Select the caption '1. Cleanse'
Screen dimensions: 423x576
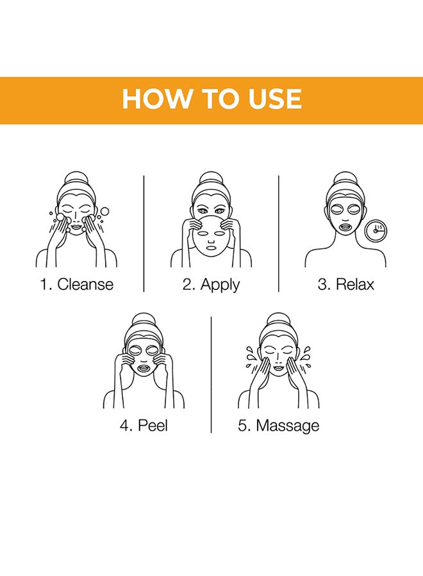pos(76,284)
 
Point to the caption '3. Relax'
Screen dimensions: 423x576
pos(345,284)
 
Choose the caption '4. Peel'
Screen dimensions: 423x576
pos(144,426)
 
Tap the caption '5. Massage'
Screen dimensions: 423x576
pos(278,426)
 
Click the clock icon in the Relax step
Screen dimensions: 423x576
pos(376,230)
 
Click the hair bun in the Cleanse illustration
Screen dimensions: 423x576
pos(76,179)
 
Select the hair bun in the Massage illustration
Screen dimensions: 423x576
pos(278,321)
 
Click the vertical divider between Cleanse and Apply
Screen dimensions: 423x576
pos(144,234)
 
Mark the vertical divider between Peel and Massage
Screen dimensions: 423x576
pos(211,374)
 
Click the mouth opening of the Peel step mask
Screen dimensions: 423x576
pos(143,367)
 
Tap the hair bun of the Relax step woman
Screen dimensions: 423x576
pos(345,179)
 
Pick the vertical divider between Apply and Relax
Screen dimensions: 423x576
pos(278,234)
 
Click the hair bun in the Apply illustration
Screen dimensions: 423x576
pos(211,179)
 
